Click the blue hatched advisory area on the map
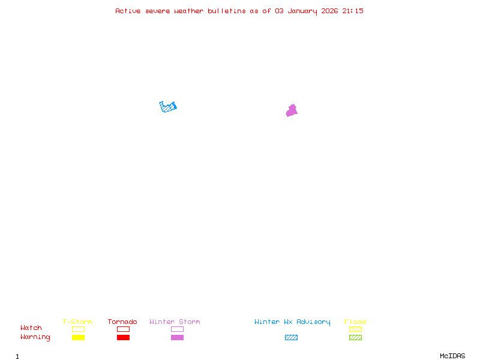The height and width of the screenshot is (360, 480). tap(169, 107)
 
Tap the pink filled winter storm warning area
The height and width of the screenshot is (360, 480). tap(292, 111)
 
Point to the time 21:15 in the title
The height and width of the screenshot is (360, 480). tap(353, 11)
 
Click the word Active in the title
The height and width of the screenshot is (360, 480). tap(128, 11)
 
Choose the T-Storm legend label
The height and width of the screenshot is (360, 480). tap(77, 322)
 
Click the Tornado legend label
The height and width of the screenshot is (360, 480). tap(122, 322)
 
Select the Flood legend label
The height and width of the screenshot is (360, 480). tap(355, 322)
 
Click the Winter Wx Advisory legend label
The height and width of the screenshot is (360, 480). tap(292, 322)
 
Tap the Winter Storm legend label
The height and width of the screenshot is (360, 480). tap(175, 322)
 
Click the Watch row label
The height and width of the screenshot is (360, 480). tap(31, 328)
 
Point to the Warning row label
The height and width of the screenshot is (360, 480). tap(35, 337)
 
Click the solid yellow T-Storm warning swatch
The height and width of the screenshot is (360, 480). tap(78, 338)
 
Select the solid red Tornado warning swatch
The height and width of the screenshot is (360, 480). tap(123, 338)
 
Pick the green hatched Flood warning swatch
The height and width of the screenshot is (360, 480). tap(355, 338)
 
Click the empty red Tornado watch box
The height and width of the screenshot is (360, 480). tap(123, 329)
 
